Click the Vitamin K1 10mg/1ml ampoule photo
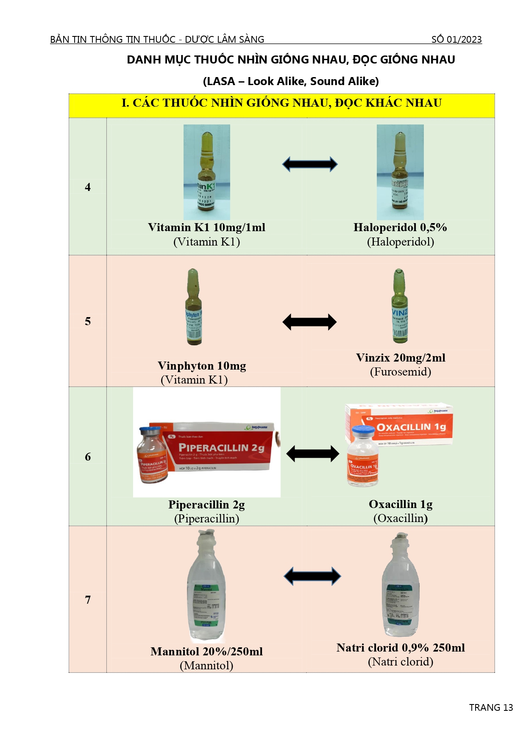(x=206, y=172)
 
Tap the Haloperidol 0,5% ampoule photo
(x=400, y=172)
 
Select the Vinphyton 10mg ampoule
(x=194, y=307)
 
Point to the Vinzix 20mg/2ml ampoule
(x=399, y=306)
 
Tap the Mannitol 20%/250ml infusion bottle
(x=206, y=588)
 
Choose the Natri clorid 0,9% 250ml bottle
(x=401, y=586)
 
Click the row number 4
(x=88, y=187)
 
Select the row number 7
(x=88, y=600)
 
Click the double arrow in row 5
(x=309, y=322)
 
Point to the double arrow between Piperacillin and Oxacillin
(x=312, y=454)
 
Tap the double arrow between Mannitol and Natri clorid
(x=312, y=576)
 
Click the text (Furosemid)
(x=401, y=372)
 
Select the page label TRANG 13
(x=491, y=707)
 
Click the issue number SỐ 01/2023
(x=456, y=39)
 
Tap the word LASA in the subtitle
(x=219, y=81)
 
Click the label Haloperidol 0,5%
(x=400, y=227)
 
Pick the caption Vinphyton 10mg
(x=202, y=366)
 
